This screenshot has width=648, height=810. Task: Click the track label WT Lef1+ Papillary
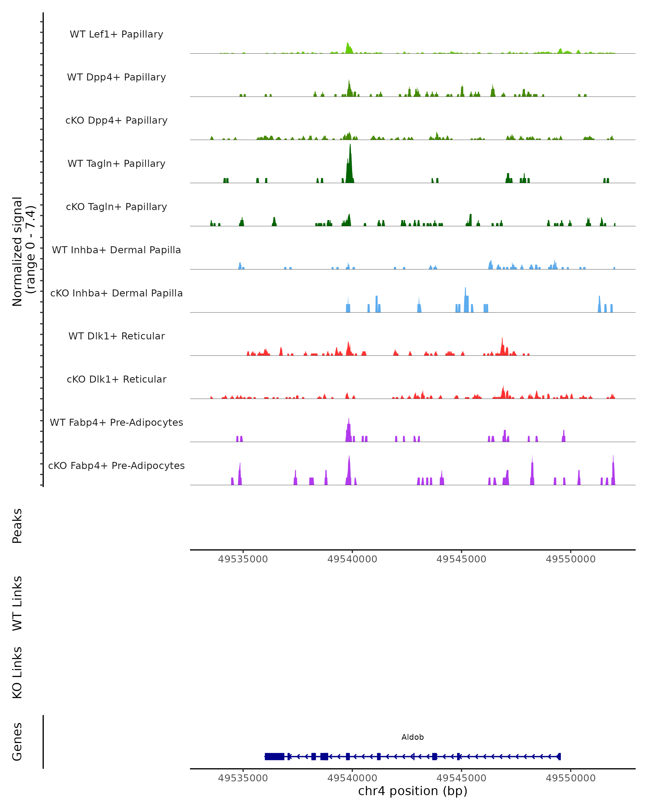(116, 34)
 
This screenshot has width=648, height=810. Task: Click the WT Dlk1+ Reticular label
(116, 336)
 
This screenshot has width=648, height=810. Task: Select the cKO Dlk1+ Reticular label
(116, 379)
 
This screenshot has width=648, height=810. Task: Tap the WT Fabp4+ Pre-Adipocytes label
(116, 422)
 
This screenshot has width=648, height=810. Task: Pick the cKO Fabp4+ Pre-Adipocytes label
(116, 465)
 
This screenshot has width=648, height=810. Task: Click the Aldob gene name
(413, 737)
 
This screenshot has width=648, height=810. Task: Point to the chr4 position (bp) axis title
(413, 791)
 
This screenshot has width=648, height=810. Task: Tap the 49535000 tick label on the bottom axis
(243, 778)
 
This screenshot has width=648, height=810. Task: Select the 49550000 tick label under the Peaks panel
(571, 559)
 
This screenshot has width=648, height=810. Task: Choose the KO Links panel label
(17, 673)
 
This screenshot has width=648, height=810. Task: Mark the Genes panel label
(17, 742)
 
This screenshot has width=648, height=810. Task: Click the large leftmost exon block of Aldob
(274, 757)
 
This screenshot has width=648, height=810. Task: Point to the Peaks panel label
(17, 526)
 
